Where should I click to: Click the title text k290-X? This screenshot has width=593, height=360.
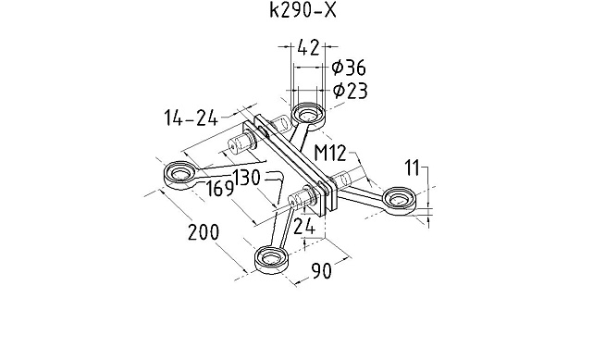coord(303,10)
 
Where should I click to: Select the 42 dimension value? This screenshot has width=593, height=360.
coord(308,47)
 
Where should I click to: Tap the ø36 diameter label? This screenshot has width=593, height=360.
coord(349,68)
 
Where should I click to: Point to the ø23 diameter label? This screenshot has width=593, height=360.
coord(350,91)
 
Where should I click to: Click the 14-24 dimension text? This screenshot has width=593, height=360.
coord(191,118)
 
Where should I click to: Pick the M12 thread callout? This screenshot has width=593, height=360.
coord(330,154)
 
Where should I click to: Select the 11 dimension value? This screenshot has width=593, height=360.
coord(413,168)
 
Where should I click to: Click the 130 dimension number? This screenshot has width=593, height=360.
coord(246,177)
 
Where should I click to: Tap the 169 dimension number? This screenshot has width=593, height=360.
coord(220,188)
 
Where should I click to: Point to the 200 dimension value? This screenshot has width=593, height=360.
coord(204,231)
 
